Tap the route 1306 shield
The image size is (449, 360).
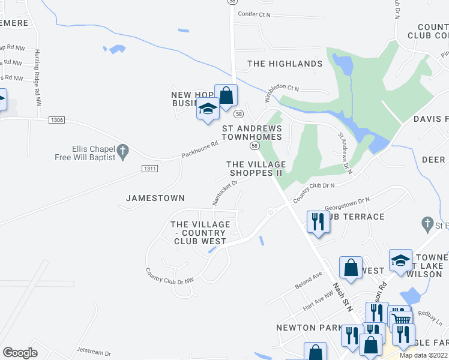click(57, 121)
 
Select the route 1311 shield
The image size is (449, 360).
click(150, 169)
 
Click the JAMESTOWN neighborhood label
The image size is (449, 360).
click(155, 198)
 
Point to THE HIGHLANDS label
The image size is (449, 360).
click(285, 64)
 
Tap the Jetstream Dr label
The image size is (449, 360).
click(94, 353)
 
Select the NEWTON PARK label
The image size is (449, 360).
click(304, 328)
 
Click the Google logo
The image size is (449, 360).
click(20, 353)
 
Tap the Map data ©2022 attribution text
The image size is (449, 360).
click(423, 355)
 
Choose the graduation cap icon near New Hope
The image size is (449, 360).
click(208, 109)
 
